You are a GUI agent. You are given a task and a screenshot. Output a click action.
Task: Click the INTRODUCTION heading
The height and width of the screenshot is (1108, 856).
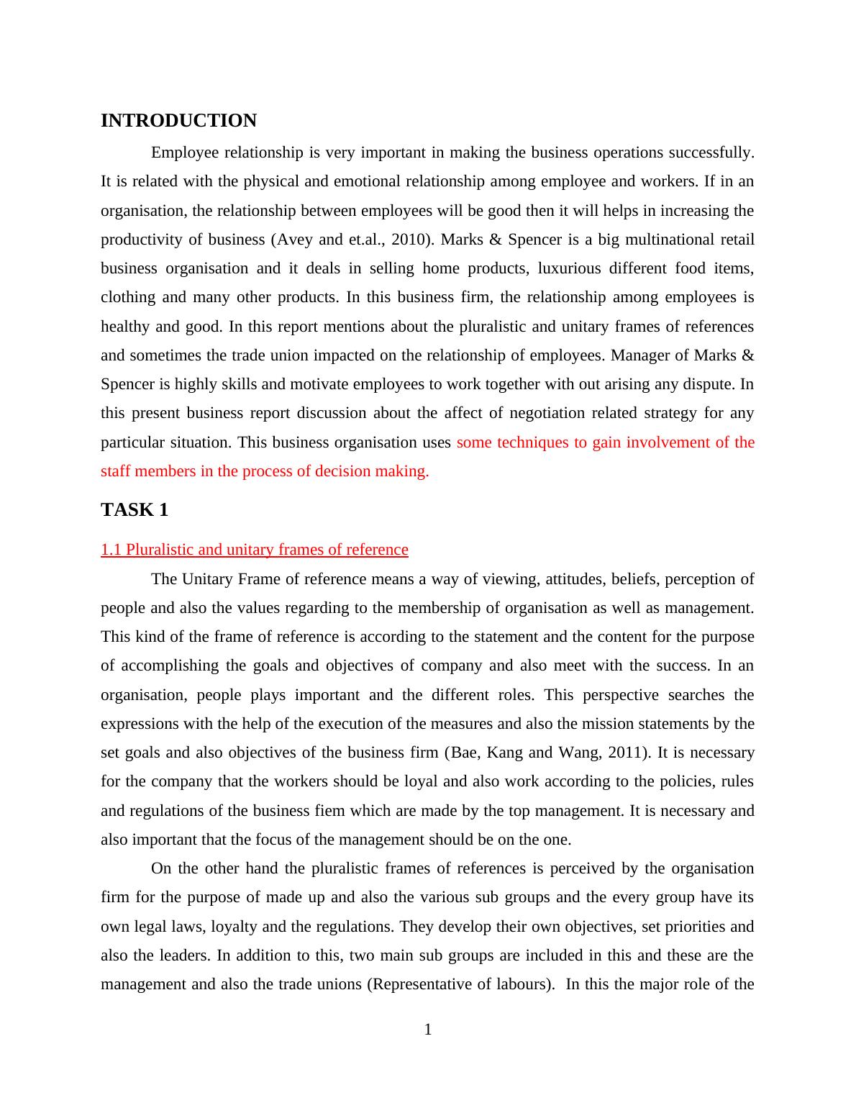click(178, 121)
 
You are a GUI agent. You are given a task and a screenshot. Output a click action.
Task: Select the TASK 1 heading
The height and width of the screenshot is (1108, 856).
click(135, 510)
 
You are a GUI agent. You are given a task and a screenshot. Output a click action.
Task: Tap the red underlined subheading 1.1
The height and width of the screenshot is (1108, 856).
click(254, 550)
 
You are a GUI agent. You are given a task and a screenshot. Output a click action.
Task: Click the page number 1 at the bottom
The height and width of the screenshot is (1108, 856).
click(428, 1030)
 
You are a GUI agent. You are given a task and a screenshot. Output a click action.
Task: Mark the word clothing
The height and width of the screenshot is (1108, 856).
click(129, 297)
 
